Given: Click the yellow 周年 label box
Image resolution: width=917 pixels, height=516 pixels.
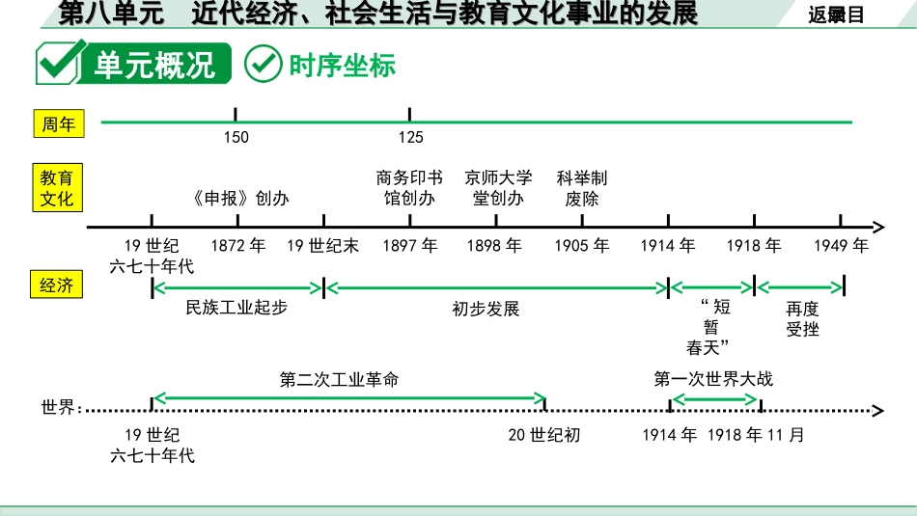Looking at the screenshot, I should [x=59, y=123].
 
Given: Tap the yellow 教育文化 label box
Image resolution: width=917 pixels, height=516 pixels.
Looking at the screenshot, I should [x=56, y=188].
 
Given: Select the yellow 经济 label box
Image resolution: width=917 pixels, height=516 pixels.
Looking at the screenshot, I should [x=56, y=285].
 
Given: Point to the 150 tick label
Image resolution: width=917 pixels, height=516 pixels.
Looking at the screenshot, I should [x=236, y=137].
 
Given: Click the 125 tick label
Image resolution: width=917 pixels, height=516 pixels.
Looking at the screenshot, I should [x=410, y=137].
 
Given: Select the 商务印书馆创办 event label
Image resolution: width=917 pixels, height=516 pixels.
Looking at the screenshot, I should [x=409, y=188].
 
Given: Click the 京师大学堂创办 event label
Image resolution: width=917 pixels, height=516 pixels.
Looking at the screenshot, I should [x=498, y=188].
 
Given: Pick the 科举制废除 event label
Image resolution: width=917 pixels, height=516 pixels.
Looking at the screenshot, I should [x=582, y=188].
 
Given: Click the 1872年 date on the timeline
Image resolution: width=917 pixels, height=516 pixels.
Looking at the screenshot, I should [x=237, y=246].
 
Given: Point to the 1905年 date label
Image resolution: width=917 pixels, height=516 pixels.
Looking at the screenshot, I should [x=582, y=246].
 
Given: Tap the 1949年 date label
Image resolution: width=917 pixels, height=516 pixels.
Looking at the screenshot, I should [x=841, y=246].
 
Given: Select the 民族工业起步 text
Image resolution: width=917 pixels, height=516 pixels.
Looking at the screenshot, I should [x=236, y=308].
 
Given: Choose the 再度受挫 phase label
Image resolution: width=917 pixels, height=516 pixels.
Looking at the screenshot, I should [x=802, y=318].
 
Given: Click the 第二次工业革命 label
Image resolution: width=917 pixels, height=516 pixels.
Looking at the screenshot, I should [x=339, y=379].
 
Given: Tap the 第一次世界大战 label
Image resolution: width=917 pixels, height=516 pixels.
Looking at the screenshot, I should [x=713, y=379].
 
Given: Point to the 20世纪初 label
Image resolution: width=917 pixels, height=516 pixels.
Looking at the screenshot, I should [x=544, y=435].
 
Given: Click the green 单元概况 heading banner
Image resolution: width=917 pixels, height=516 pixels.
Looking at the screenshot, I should [x=133, y=66].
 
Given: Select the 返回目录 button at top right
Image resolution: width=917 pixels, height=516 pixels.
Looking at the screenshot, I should [x=836, y=14].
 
